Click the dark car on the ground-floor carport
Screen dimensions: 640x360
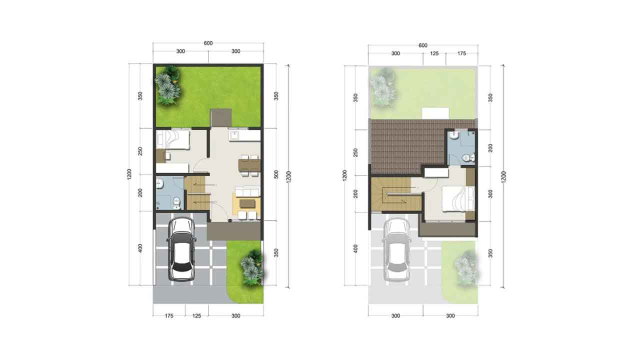coord(181,249)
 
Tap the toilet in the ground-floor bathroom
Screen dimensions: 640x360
coord(177,202)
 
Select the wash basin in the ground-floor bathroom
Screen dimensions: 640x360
coord(159,183)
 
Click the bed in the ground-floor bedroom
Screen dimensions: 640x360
coord(173,139)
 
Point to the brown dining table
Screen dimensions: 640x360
coord(249,165)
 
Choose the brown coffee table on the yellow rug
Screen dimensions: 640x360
coord(247,203)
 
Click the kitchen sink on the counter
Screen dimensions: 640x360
coord(235,135)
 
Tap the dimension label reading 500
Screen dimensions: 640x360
coord(276,174)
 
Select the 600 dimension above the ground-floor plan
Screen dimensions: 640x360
coord(208,43)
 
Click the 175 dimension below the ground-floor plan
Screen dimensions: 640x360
coord(169,315)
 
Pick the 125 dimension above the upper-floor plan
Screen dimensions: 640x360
coord(434,53)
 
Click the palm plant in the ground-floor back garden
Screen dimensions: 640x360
coord(168,85)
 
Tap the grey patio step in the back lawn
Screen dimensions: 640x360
coord(221,117)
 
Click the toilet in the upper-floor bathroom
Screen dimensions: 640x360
coord(468,157)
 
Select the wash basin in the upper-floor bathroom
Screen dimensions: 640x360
coord(454,135)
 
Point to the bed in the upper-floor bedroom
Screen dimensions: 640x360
coord(458,199)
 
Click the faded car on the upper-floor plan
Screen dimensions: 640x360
coord(396,249)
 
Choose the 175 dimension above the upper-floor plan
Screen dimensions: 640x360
coord(461,53)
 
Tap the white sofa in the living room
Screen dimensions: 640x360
coord(247,191)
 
